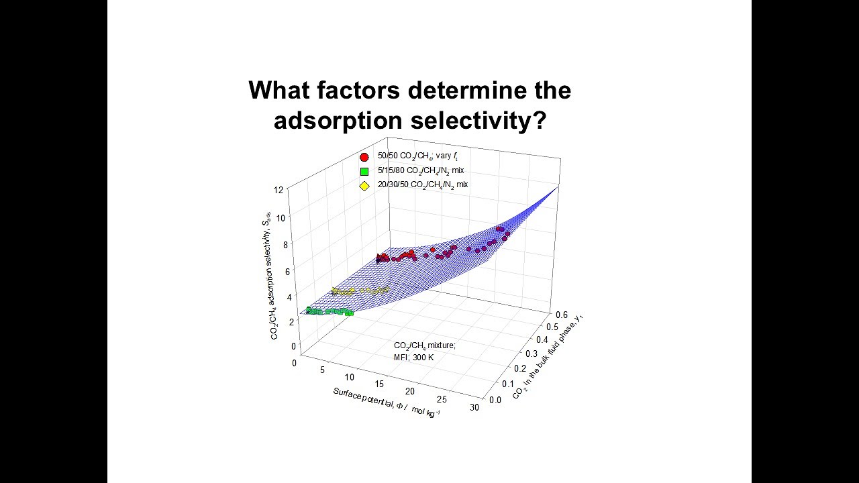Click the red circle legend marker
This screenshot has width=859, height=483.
coord(364,158)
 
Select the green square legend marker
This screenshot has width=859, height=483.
coord(364,171)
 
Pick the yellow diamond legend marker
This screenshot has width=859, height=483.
coord(364,186)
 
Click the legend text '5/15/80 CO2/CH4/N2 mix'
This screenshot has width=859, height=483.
coord(420,171)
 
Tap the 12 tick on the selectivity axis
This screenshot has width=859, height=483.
coord(278,190)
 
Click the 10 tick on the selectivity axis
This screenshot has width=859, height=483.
coord(280,217)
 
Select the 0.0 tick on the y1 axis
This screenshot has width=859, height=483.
coord(495,400)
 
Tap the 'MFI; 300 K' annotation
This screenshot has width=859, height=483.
coord(413,357)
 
